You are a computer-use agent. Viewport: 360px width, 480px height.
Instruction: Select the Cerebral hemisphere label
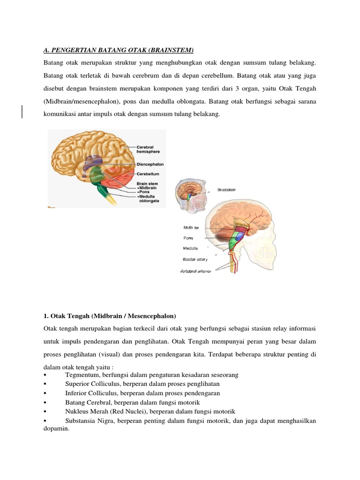pos(149,150)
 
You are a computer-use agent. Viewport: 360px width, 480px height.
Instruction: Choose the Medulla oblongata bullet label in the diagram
pos(149,198)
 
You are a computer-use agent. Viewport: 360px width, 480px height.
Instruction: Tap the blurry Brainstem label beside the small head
pos(226,189)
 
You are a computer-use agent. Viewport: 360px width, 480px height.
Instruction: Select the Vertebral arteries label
pos(195,270)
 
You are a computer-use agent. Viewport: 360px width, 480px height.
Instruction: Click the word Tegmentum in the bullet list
pos(81,375)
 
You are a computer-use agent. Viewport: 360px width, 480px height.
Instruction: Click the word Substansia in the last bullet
pos(82,420)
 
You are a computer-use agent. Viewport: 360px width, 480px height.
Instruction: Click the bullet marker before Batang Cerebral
pos(45,403)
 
